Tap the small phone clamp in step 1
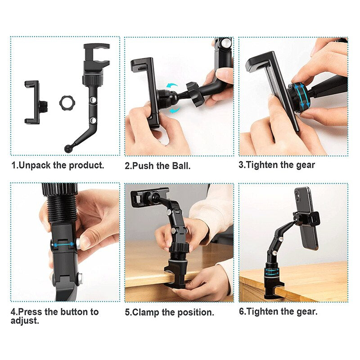[33, 102]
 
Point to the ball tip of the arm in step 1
[67, 148]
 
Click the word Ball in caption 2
[181, 165]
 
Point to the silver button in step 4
[79, 243]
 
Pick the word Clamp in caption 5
[145, 311]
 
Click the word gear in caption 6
[306, 311]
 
